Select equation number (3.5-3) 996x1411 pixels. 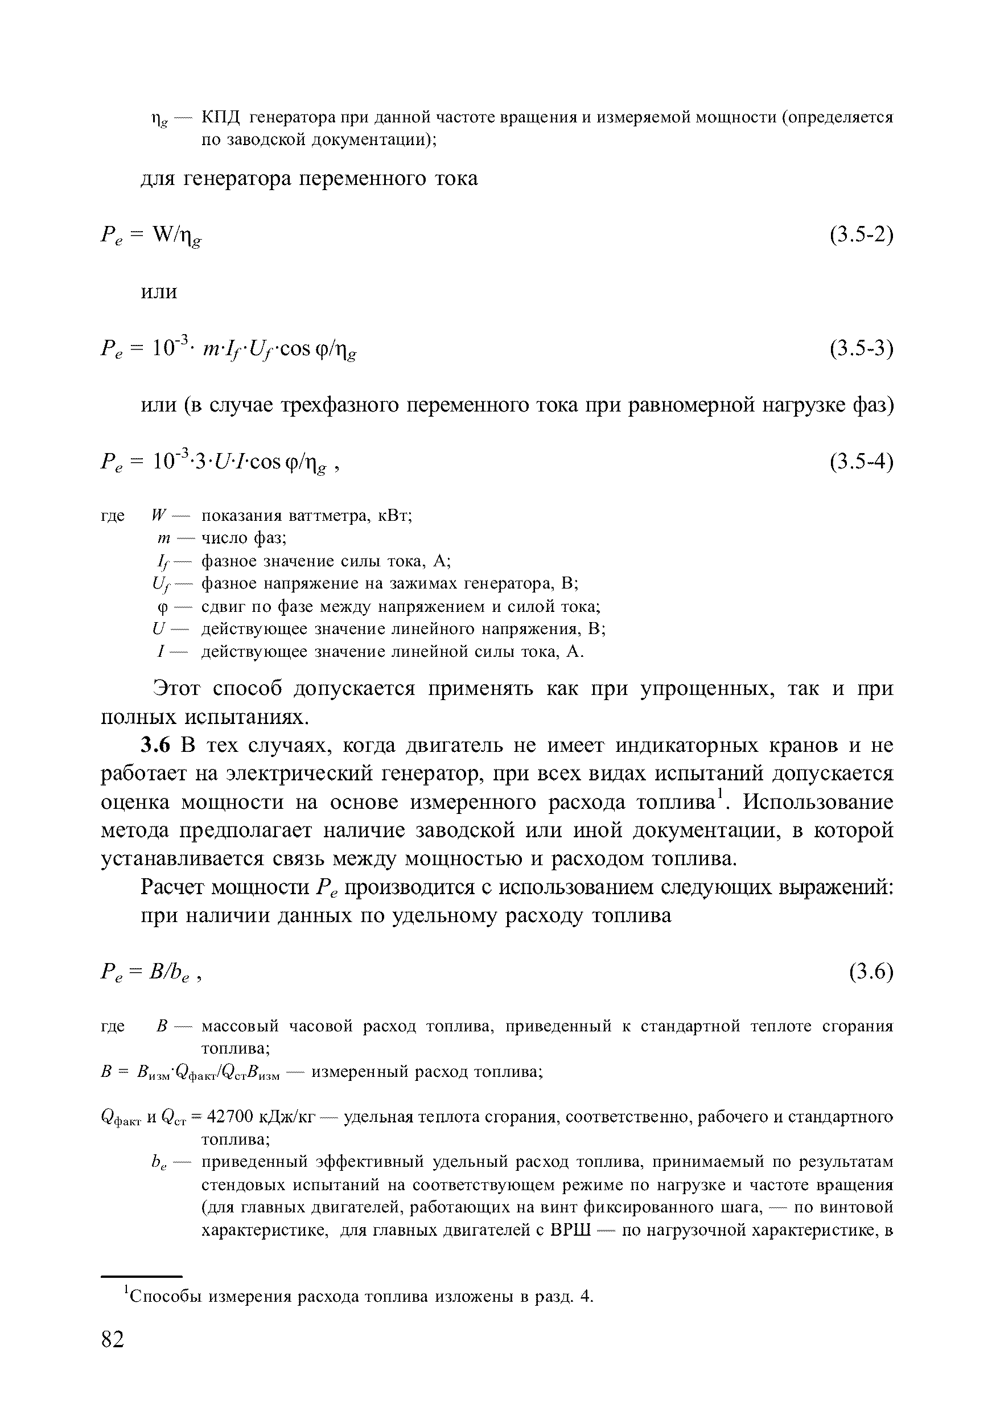point(861,348)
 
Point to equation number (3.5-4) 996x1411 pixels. point(861,462)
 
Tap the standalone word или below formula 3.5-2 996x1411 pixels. point(159,291)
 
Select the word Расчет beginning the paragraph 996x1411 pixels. point(172,887)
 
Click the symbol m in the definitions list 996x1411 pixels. point(163,538)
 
